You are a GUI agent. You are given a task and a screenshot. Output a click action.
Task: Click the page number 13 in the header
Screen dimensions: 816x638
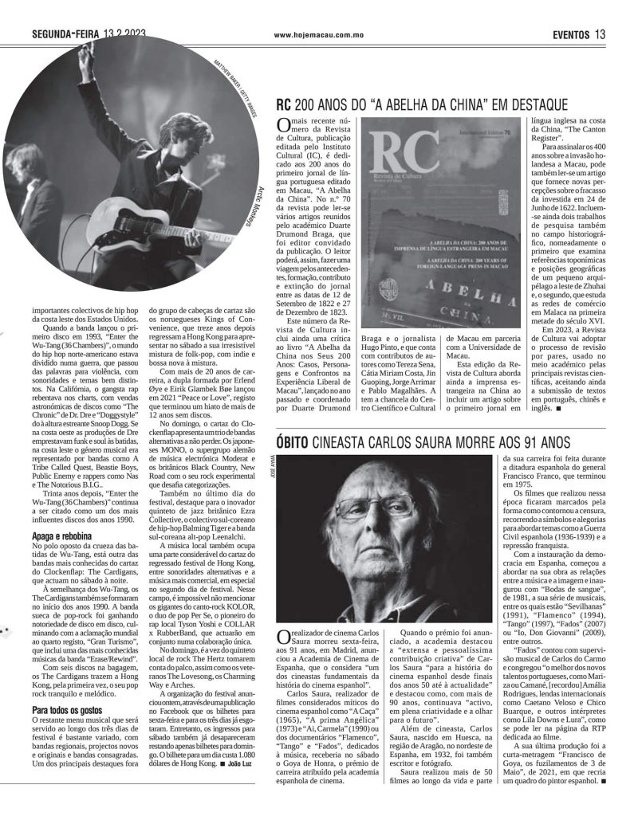601,33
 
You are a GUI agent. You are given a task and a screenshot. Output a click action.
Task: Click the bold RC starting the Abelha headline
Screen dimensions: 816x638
283,104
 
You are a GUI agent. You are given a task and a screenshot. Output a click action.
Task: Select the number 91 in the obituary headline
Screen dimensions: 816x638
539,442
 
